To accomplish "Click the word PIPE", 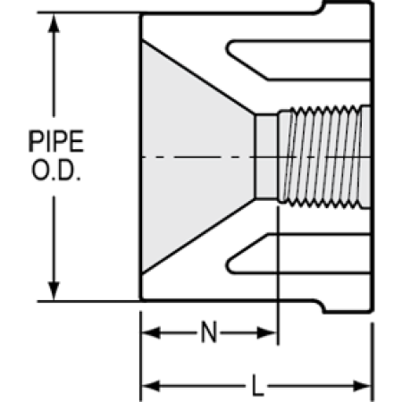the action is coord(56,141).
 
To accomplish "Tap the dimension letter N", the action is coord(209,332).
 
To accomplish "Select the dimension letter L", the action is coord(258,386).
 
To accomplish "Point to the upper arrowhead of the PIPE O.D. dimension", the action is coord(54,23).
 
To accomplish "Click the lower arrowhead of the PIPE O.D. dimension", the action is coord(54,290).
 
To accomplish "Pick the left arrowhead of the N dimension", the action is coord(151,332).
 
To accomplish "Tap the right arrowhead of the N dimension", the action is coord(267,332).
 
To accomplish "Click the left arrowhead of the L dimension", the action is coord(151,386).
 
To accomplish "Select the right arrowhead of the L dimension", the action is coord(362,386).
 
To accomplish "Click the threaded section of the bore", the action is coord(324,156).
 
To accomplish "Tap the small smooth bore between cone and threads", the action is coord(266,156).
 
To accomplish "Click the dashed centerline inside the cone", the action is coord(198,156).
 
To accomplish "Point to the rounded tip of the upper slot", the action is coord(229,47).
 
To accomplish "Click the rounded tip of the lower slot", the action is coord(229,265).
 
